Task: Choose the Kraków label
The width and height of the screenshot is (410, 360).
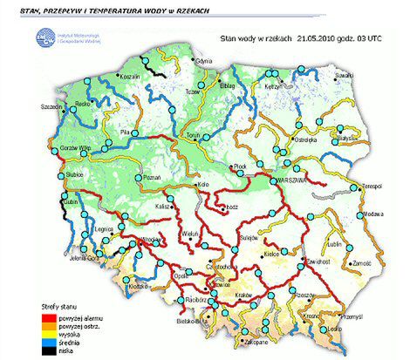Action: pyautogui.click(x=244, y=296)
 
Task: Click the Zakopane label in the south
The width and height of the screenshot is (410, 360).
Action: pyautogui.click(x=234, y=343)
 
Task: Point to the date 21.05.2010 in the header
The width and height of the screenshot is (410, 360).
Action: pyautogui.click(x=316, y=38)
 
